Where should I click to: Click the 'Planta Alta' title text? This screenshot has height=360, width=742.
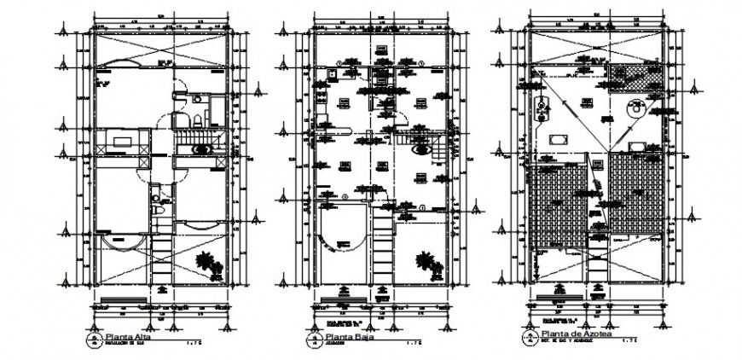(123, 339)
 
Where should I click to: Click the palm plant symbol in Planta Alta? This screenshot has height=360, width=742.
(207, 263)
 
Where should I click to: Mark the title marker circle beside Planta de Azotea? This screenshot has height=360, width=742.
(530, 338)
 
